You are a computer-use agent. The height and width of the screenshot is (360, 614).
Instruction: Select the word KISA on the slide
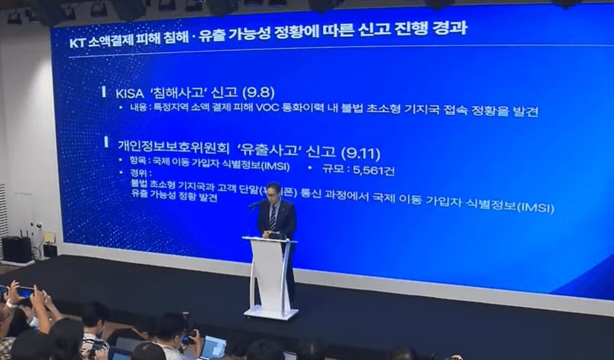click(131, 94)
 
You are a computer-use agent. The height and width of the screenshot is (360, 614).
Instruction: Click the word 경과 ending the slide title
click(449, 28)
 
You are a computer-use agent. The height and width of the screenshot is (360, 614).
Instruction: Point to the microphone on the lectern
click(255, 205)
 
